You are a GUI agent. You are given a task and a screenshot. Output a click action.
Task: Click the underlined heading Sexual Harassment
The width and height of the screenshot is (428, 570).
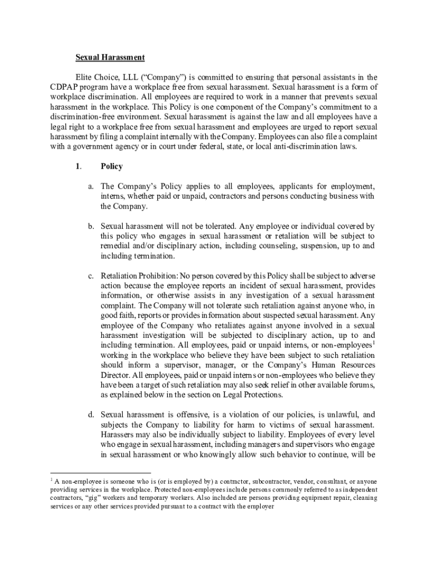click(x=110, y=57)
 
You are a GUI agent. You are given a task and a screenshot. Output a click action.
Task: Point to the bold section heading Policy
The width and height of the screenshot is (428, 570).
click(x=112, y=166)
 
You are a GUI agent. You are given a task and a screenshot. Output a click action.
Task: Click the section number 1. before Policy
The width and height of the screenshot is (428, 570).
click(x=79, y=166)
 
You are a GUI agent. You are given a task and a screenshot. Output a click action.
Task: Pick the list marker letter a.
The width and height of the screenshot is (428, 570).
click(x=90, y=186)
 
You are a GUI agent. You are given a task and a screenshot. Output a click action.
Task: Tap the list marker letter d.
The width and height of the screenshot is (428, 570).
click(x=90, y=414)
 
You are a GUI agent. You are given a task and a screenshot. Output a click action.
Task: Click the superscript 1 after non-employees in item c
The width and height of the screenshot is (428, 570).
click(x=374, y=343)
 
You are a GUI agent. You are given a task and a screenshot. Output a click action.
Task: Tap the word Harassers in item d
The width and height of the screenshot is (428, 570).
click(x=118, y=434)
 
